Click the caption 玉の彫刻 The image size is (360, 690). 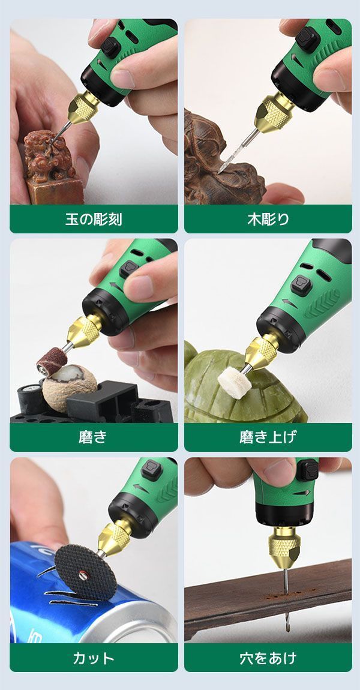pos(94,219)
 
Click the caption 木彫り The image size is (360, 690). pos(268,219)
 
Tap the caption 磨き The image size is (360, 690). pos(94,437)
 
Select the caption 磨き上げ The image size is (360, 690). pos(268,437)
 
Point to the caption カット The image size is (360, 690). pos(94,658)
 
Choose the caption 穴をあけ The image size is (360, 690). pos(268,658)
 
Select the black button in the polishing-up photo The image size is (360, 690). pos(301,285)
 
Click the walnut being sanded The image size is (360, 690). pos(70,383)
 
